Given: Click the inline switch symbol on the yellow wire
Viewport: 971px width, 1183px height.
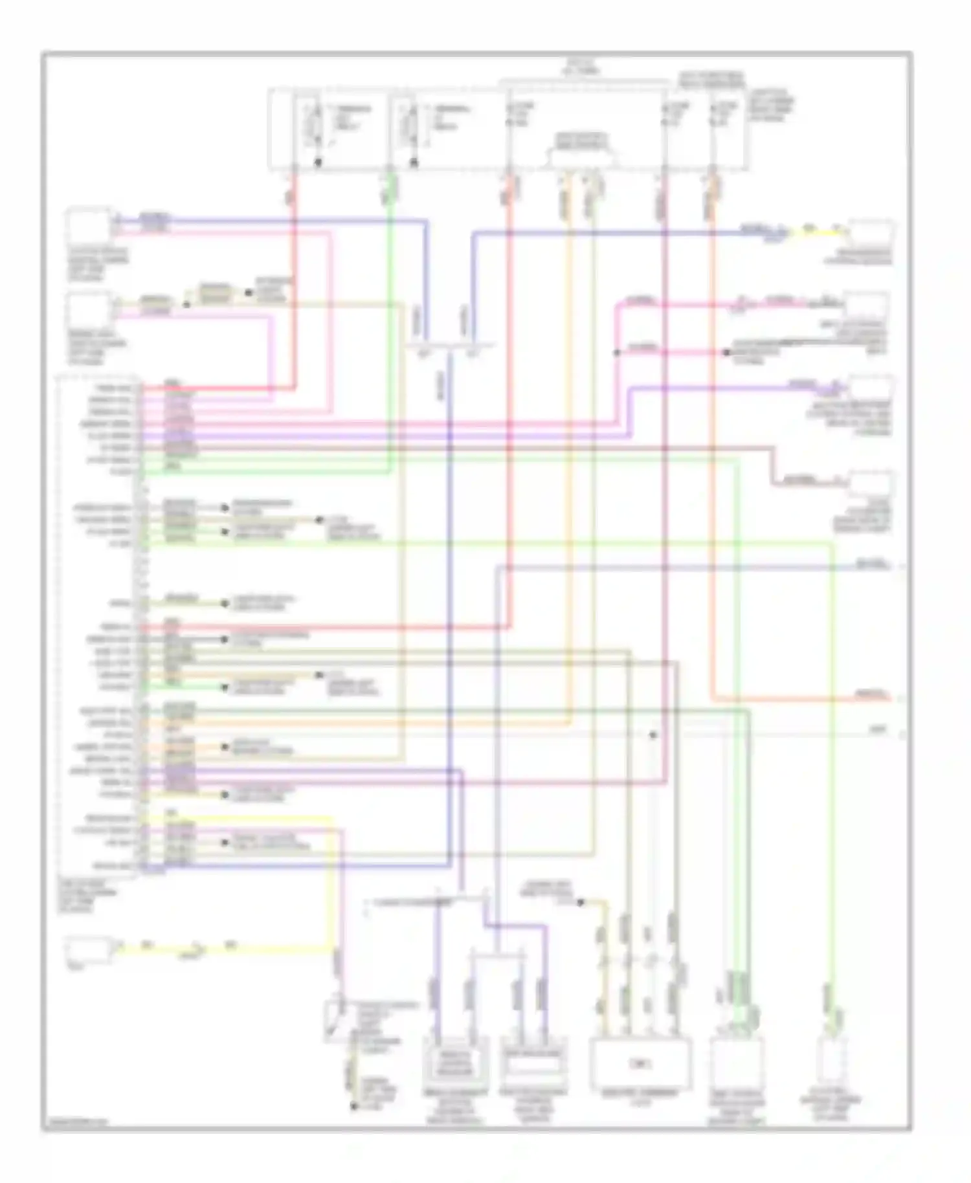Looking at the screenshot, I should pyautogui.click(x=192, y=951).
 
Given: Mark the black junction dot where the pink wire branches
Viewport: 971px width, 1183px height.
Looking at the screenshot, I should pyautogui.click(x=616, y=353).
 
